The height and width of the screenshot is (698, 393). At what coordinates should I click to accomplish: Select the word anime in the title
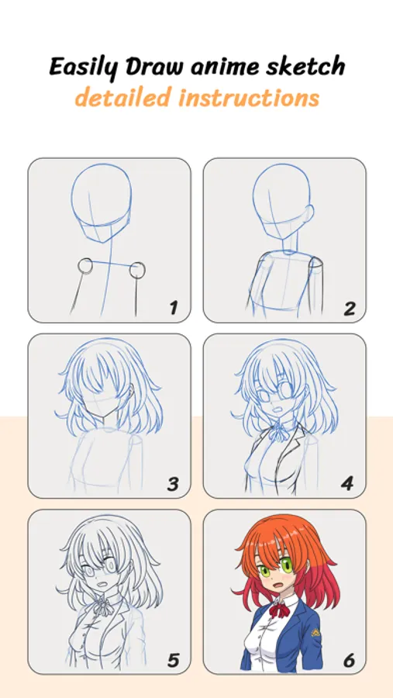coord(224,67)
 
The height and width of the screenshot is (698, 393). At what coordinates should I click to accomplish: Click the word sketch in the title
coord(305,67)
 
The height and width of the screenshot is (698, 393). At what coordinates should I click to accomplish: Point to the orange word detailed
coord(123,97)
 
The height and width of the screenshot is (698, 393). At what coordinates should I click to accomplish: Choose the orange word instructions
coord(249,98)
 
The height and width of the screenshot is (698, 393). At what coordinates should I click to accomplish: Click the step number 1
coord(173,307)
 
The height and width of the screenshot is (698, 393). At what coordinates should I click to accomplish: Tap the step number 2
coord(350,308)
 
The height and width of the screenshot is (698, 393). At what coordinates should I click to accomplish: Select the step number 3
coord(173,484)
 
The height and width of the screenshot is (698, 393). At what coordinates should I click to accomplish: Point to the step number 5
coord(173,660)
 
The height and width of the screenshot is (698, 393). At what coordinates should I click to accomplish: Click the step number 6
coord(349,660)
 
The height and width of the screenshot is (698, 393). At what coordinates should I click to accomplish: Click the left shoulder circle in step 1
coord(85,265)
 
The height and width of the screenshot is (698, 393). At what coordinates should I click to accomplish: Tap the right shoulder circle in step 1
coord(137,270)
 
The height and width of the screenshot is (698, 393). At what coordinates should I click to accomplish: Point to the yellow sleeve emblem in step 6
coord(315,632)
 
